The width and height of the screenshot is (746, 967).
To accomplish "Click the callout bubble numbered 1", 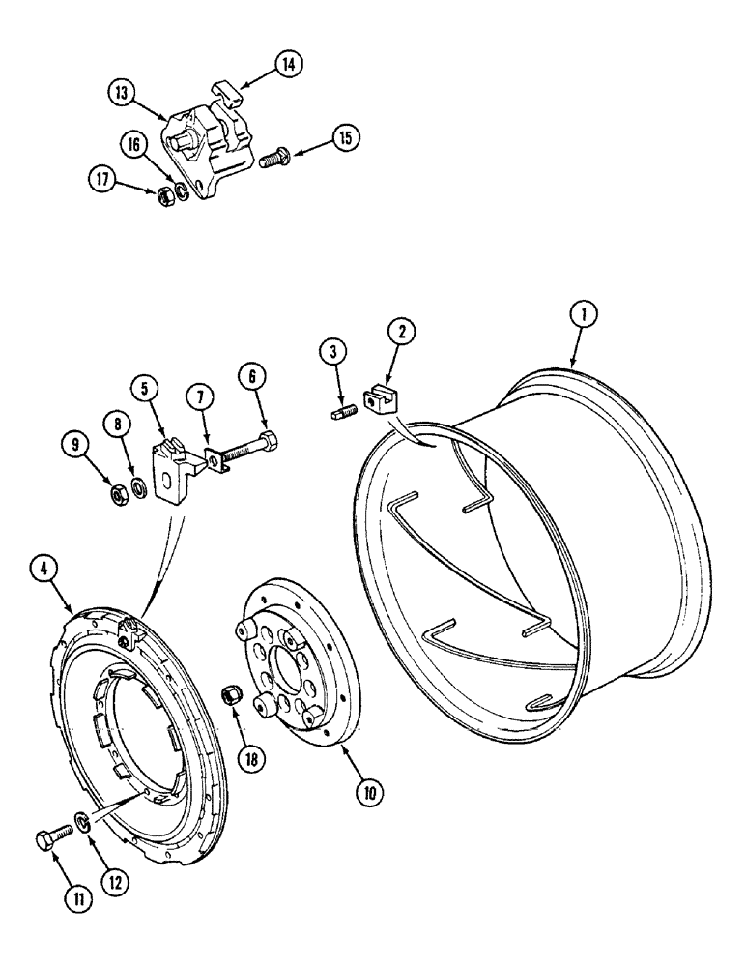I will [x=584, y=313].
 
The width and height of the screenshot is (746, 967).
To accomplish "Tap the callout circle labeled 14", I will [x=287, y=64].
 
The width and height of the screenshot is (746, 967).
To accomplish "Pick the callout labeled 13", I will [x=120, y=94].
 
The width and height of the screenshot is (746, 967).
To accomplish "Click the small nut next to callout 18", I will [x=232, y=694].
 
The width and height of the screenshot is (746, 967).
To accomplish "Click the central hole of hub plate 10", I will [x=292, y=664].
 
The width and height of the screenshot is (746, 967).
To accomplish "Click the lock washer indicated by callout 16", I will [x=180, y=188].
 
